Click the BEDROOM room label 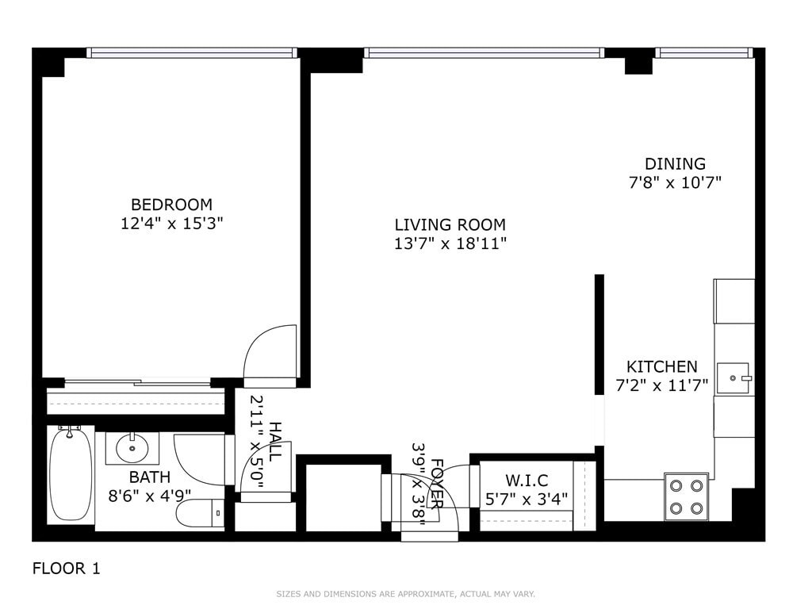tap(171, 205)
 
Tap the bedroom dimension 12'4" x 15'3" tap(171, 224)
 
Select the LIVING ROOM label tap(450, 225)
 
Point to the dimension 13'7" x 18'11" tap(450, 244)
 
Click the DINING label tap(675, 164)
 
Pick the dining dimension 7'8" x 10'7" tap(675, 183)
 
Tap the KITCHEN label tap(662, 367)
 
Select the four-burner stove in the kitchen tap(686, 496)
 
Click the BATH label tap(150, 477)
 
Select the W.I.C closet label tap(527, 481)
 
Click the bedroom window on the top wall tap(191, 53)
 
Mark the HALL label tap(274, 442)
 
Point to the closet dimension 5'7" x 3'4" tap(527, 500)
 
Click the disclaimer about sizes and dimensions tap(405, 594)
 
